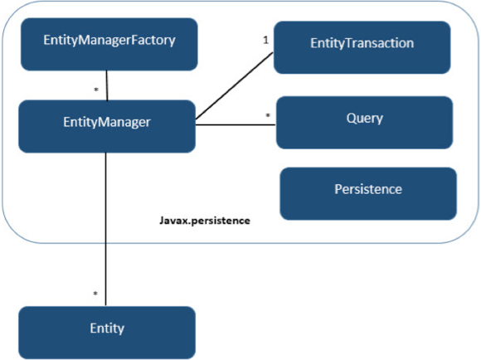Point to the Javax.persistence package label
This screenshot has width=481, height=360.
point(204,222)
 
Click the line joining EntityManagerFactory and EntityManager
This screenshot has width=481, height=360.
point(107,86)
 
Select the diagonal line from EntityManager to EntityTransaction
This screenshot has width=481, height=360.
point(234,88)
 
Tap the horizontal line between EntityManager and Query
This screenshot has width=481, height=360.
point(236,125)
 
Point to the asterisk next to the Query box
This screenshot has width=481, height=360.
point(267,115)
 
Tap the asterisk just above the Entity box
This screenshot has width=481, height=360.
point(95,294)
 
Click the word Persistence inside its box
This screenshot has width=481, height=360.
point(367,189)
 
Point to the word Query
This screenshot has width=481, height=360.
point(364,118)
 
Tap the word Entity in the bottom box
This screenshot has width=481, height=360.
point(106,328)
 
